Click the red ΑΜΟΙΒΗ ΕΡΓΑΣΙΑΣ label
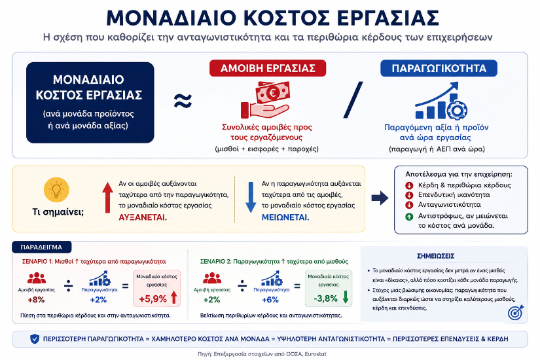click(268, 68)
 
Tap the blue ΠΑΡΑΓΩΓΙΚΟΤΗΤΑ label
click(439, 68)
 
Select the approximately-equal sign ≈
click(183, 101)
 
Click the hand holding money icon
click(265, 99)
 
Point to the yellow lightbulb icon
click(56, 189)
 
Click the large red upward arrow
click(107, 198)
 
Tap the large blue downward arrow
click(251, 198)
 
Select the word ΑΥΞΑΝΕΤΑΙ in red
click(143, 218)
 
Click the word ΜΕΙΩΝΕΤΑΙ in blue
click(285, 218)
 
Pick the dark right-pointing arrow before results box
click(380, 198)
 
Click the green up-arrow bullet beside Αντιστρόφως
click(409, 217)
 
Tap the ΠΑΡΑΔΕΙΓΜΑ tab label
click(41, 247)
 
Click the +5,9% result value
click(153, 299)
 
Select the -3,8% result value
click(325, 298)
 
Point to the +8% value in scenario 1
click(36, 300)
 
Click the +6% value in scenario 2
click(270, 300)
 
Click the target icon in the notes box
click(516, 312)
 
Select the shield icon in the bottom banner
click(35, 339)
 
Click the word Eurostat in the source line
click(315, 354)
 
